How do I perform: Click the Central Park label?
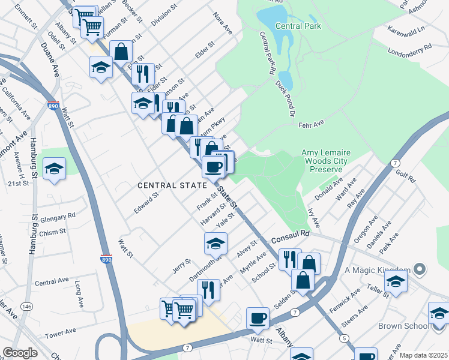click(x=298, y=26)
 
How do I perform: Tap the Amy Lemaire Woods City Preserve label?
click(x=324, y=161)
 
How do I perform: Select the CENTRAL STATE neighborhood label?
click(x=172, y=185)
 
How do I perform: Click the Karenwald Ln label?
click(x=405, y=28)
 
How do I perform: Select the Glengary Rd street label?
click(x=59, y=215)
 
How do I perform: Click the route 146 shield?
click(x=26, y=305)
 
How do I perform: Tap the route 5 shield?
click(x=344, y=339)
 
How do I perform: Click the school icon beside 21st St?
click(x=54, y=169)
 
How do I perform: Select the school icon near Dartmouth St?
click(x=215, y=243)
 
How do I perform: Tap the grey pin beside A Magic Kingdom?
click(x=419, y=269)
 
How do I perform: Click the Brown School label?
click(x=402, y=326)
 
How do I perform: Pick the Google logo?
click(x=20, y=353)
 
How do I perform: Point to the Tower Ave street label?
click(x=60, y=331)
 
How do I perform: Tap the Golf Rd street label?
click(x=406, y=177)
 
